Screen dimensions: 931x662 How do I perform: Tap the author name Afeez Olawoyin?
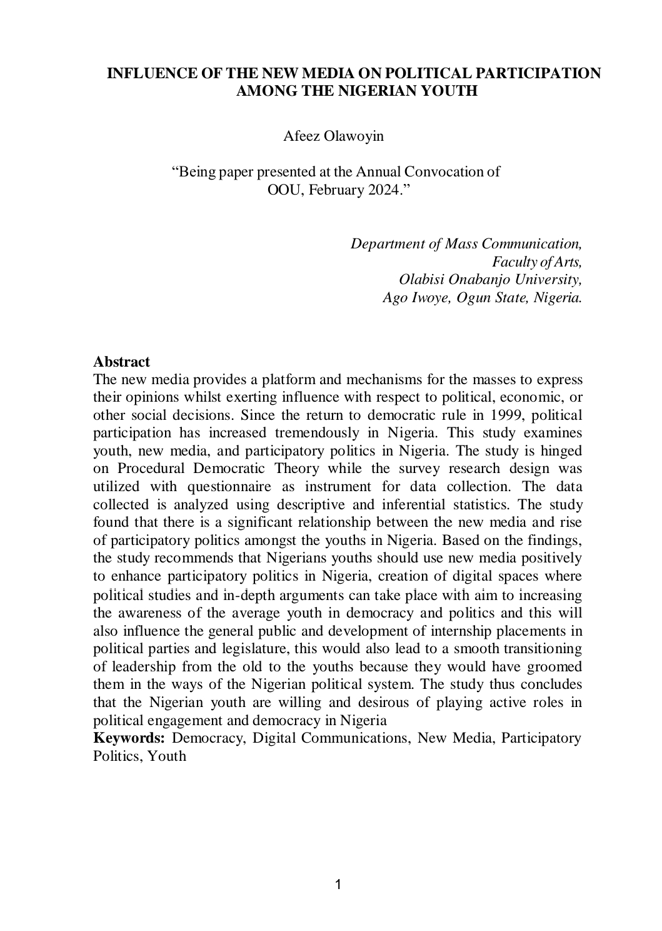point(333,136)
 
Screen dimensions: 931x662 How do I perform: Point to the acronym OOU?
point(281,190)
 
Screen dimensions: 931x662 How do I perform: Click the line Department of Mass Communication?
point(466,243)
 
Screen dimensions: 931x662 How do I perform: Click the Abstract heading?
point(121,362)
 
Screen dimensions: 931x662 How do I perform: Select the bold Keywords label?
point(129,738)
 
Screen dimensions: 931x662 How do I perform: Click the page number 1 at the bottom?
point(338,884)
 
